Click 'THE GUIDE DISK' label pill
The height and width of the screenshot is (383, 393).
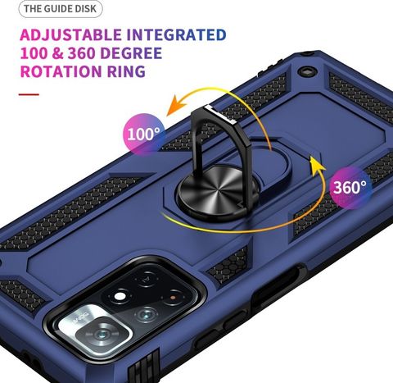pyautogui.click(x=61, y=9)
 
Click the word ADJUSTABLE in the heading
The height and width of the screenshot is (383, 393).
pyautogui.click(x=70, y=35)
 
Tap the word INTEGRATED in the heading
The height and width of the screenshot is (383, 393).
pyautogui.click(x=177, y=35)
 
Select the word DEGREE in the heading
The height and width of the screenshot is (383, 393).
pyautogui.click(x=131, y=53)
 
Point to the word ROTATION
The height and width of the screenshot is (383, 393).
pyautogui.click(x=61, y=71)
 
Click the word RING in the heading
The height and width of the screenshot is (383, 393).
pyautogui.click(x=126, y=71)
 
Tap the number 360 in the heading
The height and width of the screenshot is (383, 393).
pyautogui.click(x=81, y=53)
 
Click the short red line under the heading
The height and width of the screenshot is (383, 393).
pyautogui.click(x=29, y=94)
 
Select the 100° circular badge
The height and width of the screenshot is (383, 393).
pyautogui.click(x=144, y=135)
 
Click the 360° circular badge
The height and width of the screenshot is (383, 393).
pyautogui.click(x=350, y=187)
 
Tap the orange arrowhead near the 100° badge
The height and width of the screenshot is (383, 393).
pyautogui.click(x=177, y=106)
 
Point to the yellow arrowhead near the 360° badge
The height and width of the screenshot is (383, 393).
pyautogui.click(x=317, y=164)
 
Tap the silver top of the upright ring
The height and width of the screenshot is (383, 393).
pyautogui.click(x=220, y=113)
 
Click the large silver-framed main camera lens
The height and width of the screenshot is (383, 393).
pyautogui.click(x=102, y=334)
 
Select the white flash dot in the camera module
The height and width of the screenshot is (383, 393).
pyautogui.click(x=119, y=296)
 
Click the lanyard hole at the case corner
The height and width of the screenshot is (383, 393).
pyautogui.click(x=308, y=71)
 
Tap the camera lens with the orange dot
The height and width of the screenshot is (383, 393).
pyautogui.click(x=173, y=297)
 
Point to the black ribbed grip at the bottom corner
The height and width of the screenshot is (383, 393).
pyautogui.click(x=144, y=366)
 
